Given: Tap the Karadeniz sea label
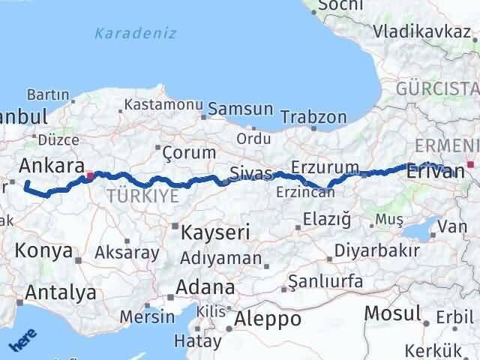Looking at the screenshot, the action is click(x=136, y=33).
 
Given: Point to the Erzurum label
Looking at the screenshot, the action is click(x=325, y=166).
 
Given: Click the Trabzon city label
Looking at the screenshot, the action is click(x=313, y=117).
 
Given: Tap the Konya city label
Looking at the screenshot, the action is click(x=44, y=250).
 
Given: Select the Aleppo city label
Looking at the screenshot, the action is click(x=268, y=319).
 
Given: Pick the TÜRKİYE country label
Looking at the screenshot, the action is click(x=142, y=196).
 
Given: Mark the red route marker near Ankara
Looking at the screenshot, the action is click(x=90, y=177).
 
